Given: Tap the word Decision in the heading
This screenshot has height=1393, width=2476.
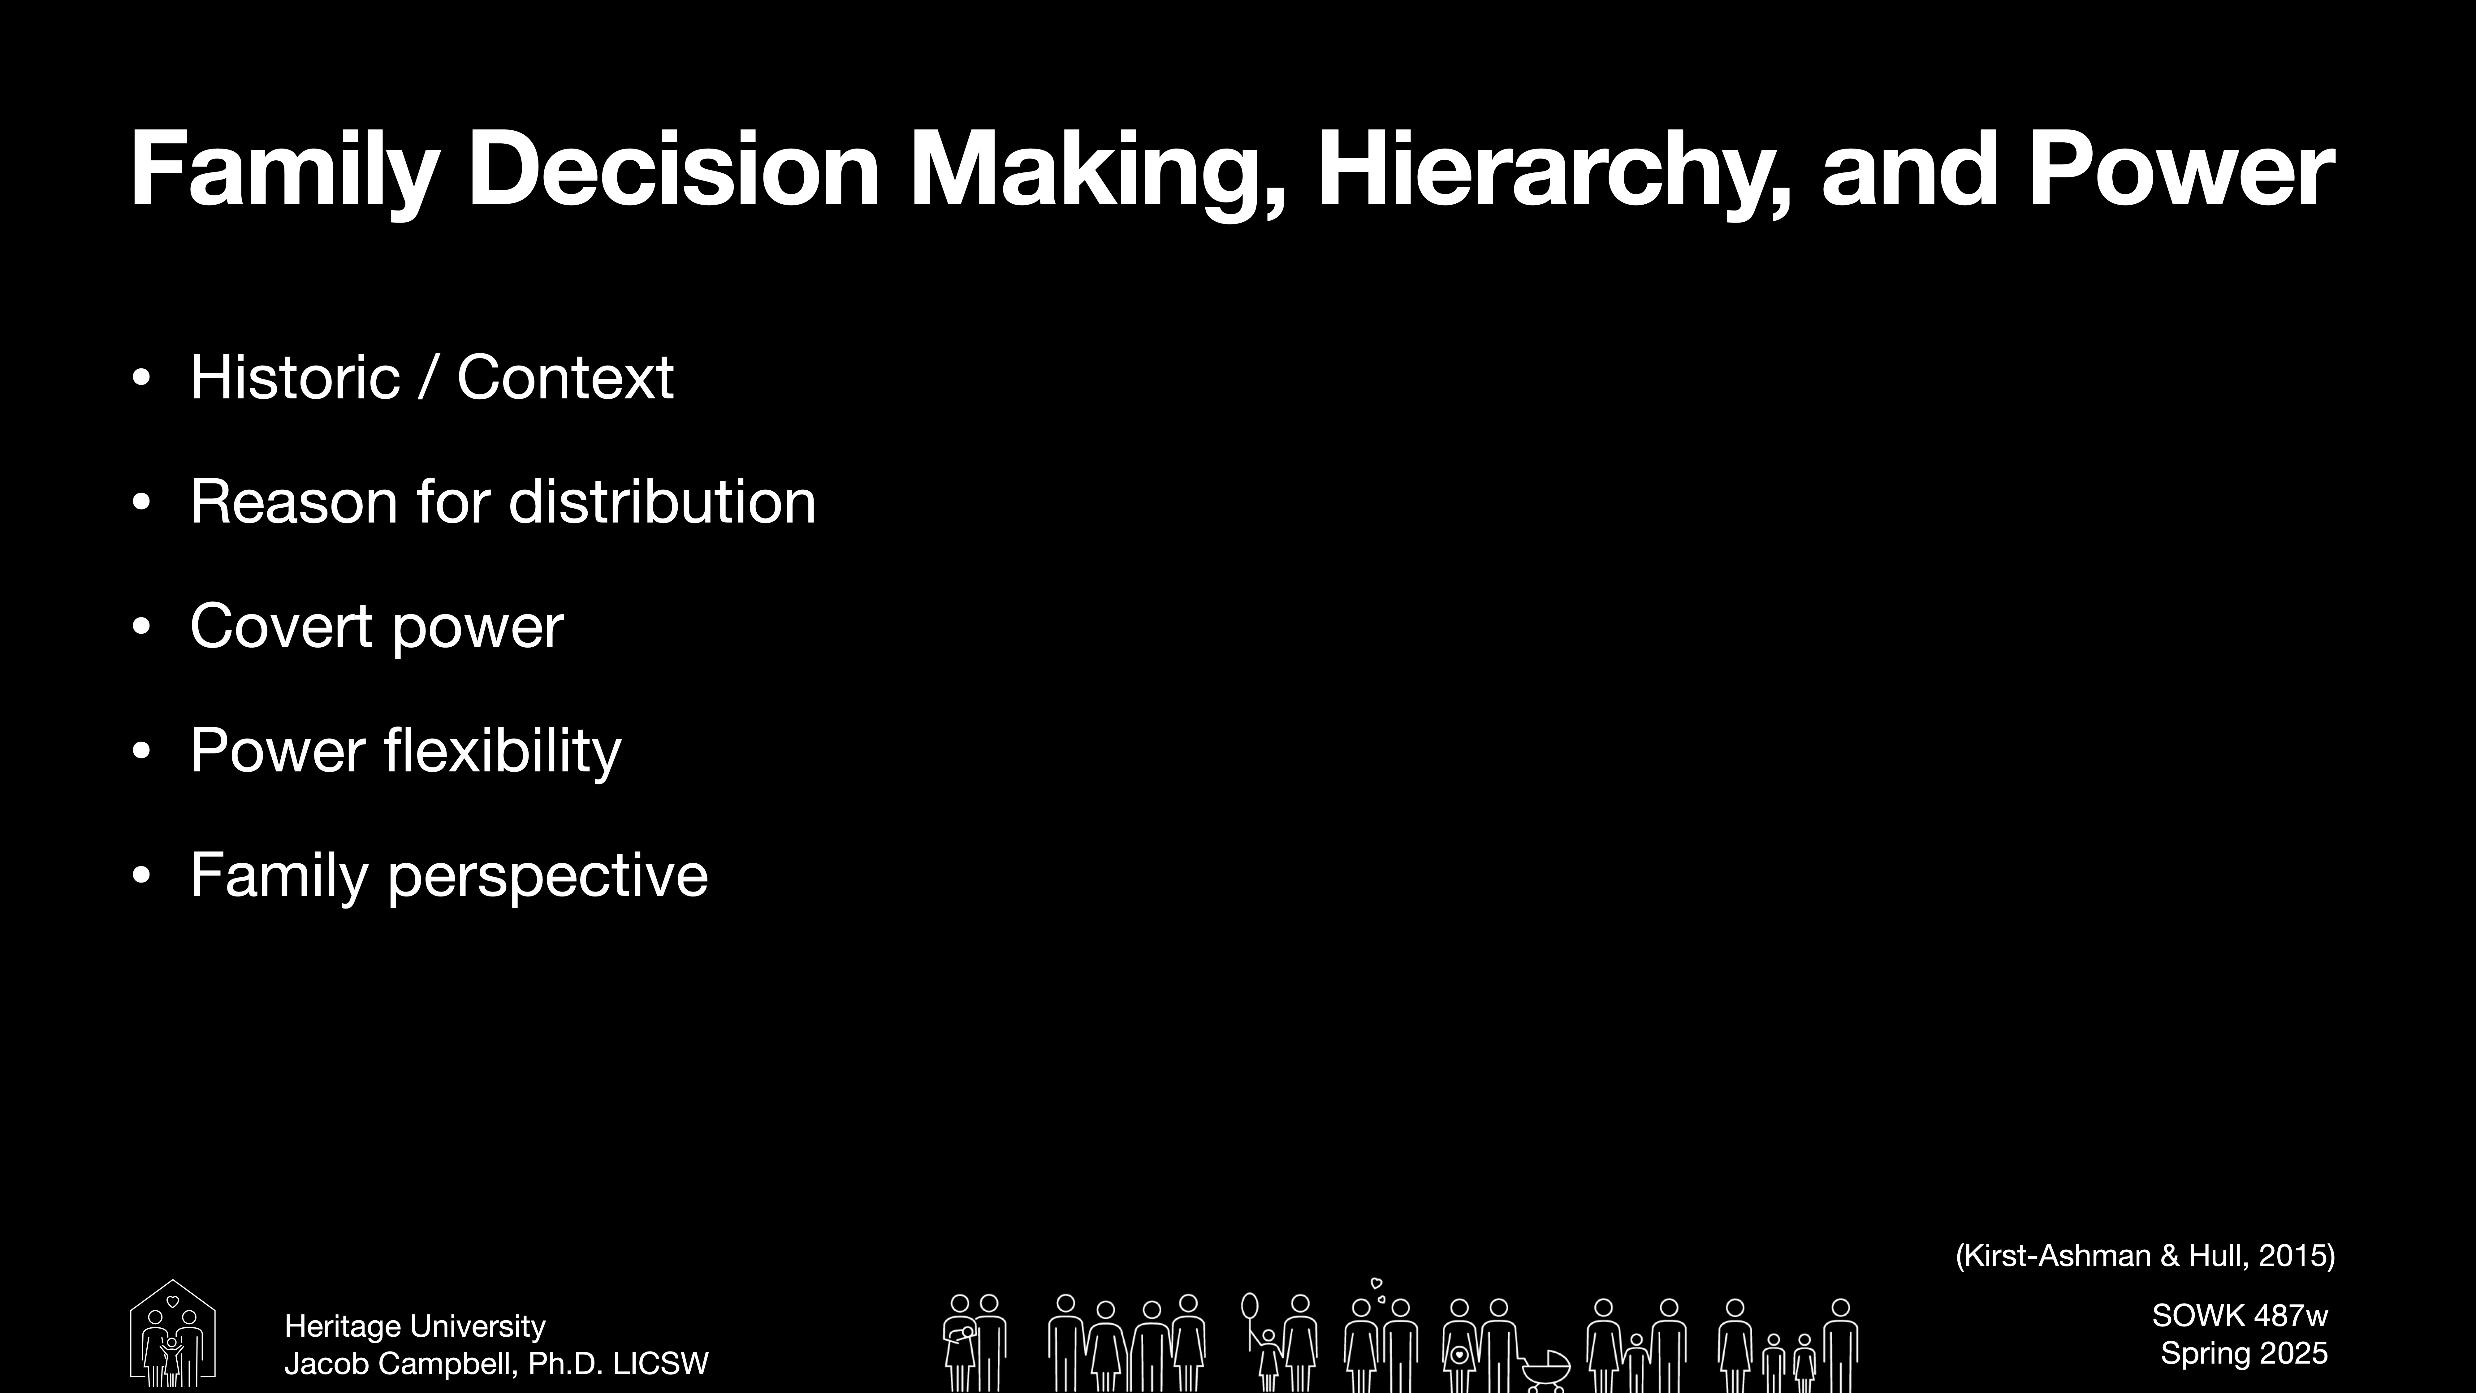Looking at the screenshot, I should coord(673,171).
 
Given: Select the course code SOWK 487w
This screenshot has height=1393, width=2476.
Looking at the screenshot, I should coord(2240,1315).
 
